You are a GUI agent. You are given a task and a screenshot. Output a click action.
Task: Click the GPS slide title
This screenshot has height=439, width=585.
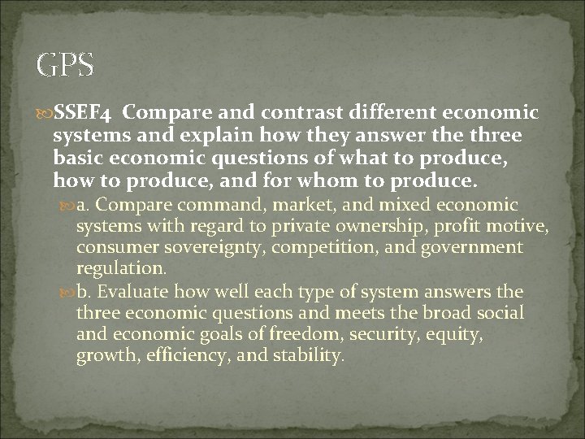66,64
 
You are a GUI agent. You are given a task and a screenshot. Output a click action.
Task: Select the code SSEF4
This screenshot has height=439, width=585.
84,111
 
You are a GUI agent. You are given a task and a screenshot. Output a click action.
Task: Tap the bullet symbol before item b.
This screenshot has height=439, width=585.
68,292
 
